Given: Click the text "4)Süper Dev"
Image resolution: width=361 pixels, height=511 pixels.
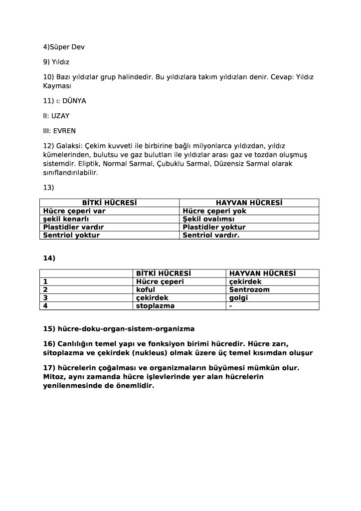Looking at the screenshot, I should (64, 47).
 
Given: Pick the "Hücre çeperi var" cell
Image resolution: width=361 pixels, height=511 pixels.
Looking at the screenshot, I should (74, 211).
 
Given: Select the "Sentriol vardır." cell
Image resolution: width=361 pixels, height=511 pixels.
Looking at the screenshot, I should (211, 235).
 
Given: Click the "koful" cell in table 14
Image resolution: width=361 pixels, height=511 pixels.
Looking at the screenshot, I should (146, 289).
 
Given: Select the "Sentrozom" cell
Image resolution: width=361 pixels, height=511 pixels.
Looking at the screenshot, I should (249, 289).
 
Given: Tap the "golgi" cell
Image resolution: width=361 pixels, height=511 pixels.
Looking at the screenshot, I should (238, 297).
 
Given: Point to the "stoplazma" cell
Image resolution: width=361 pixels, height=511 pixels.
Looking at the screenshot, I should (156, 305).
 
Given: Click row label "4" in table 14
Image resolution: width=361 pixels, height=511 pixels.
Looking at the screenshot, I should (45, 305).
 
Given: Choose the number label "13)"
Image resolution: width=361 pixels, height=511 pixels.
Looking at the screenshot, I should (49, 188).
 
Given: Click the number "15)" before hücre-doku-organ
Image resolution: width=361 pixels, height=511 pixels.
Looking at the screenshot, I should (49, 329).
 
